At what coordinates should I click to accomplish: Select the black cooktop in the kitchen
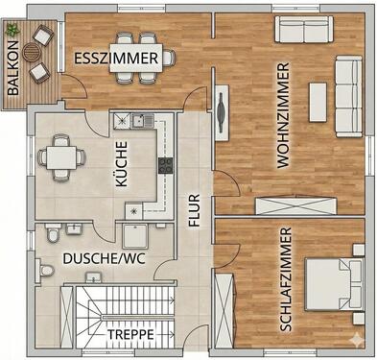(x=163, y=166)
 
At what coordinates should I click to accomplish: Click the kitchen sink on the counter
(x=136, y=120)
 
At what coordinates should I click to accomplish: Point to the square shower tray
(x=135, y=236)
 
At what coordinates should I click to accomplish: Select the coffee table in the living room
(x=318, y=100)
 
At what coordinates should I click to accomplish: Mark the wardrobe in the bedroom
(x=225, y=306)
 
